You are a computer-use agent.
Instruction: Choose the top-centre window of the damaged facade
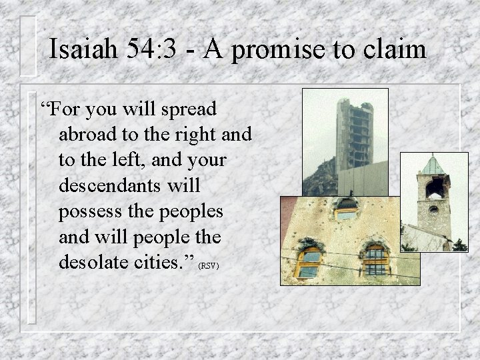[x=346, y=209]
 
